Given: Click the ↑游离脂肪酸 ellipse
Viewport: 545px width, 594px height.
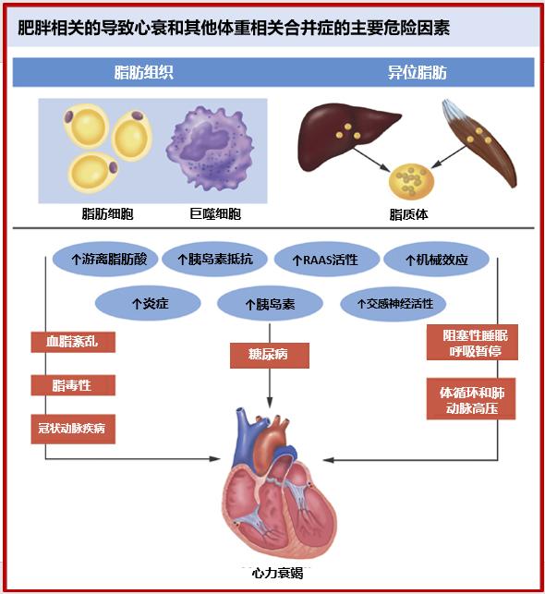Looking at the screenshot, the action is pos(105,260).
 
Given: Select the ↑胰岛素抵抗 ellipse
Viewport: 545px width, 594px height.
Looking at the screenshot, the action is pos(214,260).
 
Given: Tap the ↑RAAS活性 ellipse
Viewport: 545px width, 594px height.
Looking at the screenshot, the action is pos(326,260).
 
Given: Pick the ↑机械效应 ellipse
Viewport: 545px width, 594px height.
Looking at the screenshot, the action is pos(436,260).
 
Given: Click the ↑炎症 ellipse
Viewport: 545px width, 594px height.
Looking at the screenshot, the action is pos(148,303).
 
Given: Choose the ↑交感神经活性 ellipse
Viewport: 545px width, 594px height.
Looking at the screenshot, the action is pos(394,304).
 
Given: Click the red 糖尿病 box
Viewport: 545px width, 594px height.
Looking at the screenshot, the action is pos(270,356).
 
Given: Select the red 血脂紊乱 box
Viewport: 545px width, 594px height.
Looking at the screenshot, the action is pos(73,342).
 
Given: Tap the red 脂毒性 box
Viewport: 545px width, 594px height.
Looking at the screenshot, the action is pos(73,385).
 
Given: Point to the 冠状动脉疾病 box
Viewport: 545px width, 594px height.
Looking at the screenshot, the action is pos(73,429).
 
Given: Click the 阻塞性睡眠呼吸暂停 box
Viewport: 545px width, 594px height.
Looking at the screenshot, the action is pos(472,343).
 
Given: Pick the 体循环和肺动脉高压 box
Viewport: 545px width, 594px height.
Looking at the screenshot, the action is pos(471,398).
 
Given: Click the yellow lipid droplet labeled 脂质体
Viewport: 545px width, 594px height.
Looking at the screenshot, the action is pos(411,181).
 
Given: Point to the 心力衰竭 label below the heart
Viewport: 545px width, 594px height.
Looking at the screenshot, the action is pos(278,573).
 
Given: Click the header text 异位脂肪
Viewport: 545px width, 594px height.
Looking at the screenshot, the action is pos(417,72).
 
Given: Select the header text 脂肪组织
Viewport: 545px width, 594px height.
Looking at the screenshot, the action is pos(144,72).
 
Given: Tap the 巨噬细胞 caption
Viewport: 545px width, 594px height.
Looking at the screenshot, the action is pos(215,214).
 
